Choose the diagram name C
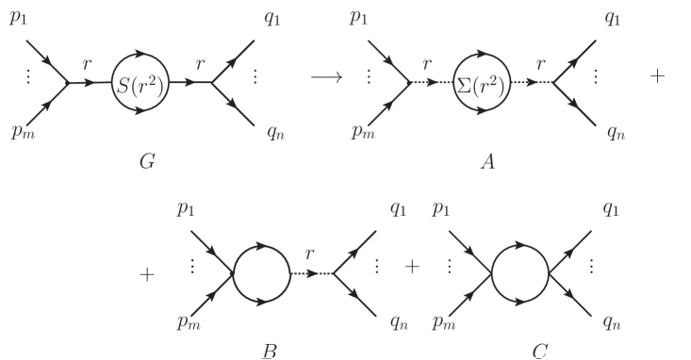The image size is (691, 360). (x=539, y=352)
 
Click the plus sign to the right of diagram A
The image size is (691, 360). (x=658, y=76)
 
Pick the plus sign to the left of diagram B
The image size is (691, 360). (x=146, y=274)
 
